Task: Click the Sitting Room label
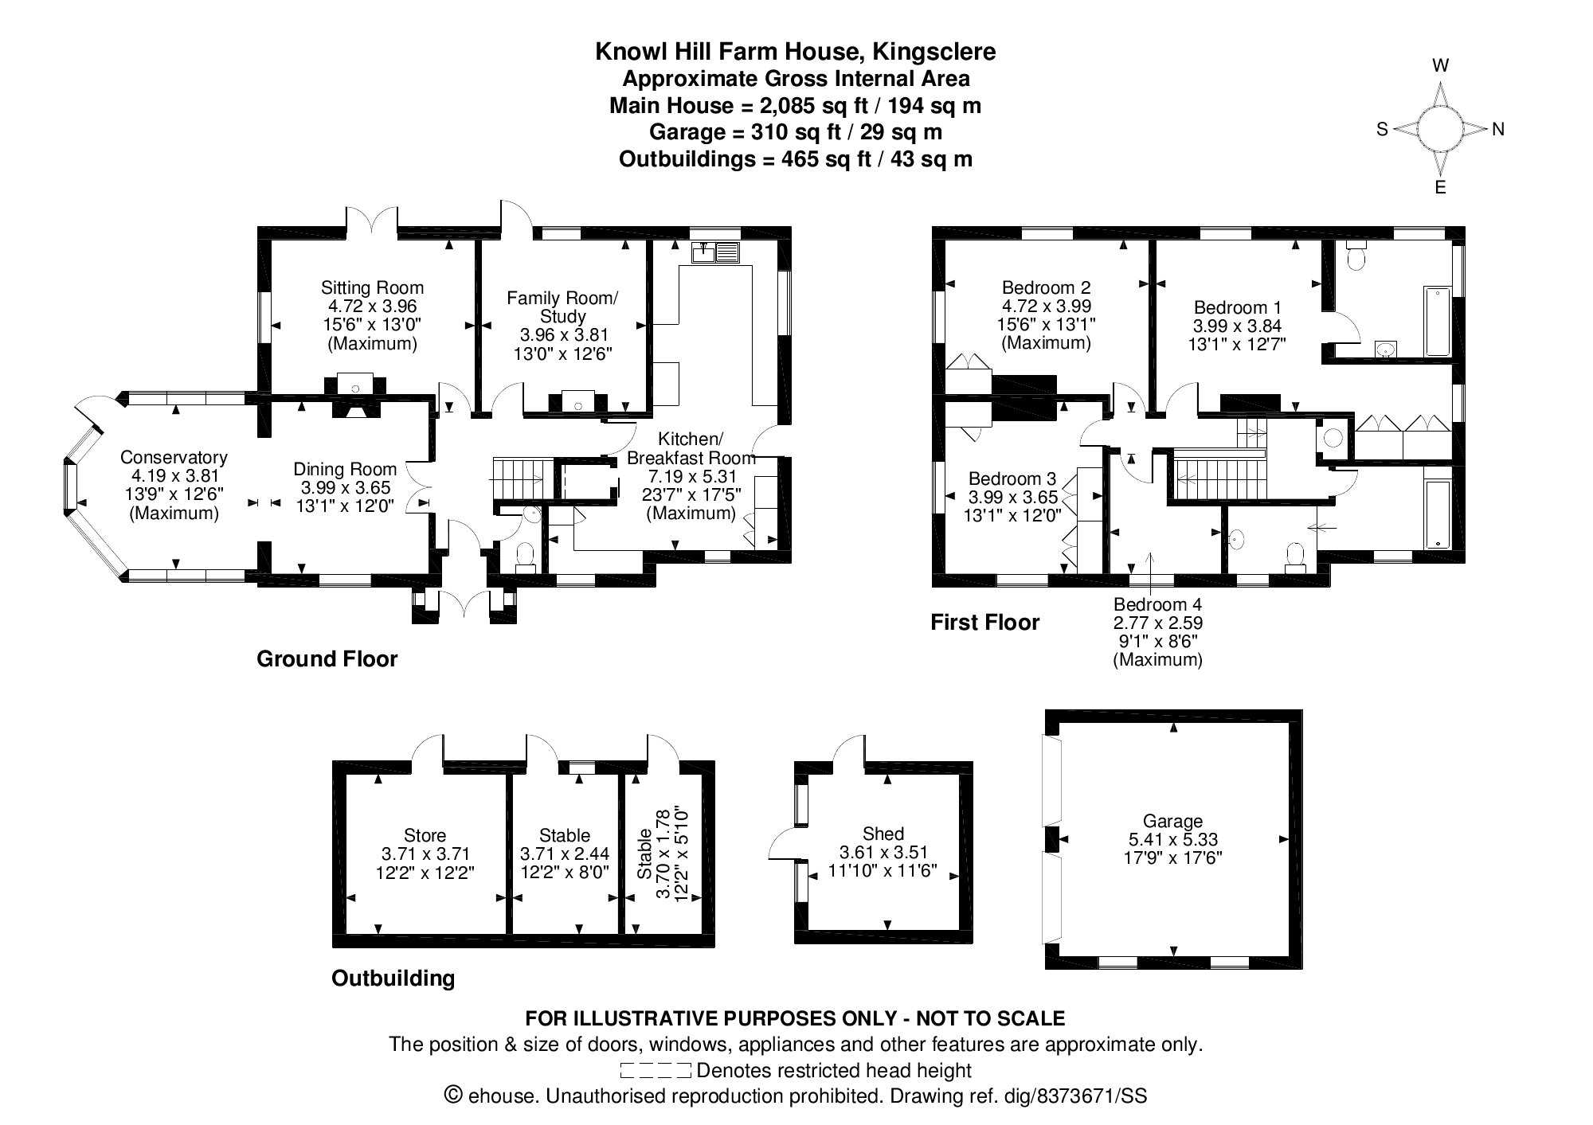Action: click(x=372, y=287)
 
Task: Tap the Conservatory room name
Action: click(x=174, y=457)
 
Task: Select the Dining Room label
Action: click(x=345, y=469)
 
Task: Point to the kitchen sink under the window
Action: click(x=716, y=252)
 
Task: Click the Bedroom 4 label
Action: click(x=1157, y=604)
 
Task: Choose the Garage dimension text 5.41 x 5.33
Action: click(x=1172, y=839)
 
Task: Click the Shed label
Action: click(x=883, y=834)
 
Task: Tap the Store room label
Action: click(x=425, y=835)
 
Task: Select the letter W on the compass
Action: click(x=1441, y=65)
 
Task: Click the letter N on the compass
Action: click(x=1498, y=129)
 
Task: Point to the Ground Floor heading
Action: click(x=327, y=659)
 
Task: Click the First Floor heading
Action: click(x=985, y=623)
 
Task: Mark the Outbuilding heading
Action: click(x=393, y=979)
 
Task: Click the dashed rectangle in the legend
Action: click(x=655, y=1070)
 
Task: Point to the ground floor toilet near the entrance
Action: click(x=526, y=557)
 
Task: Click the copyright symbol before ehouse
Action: click(x=453, y=1095)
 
